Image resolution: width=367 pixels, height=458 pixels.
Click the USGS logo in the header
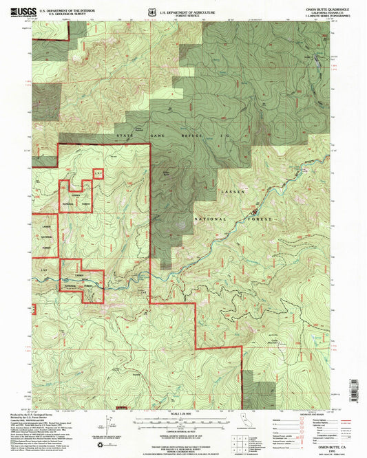21,10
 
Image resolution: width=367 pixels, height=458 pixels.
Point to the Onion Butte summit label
169,173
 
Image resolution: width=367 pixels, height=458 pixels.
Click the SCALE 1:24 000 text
180,413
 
